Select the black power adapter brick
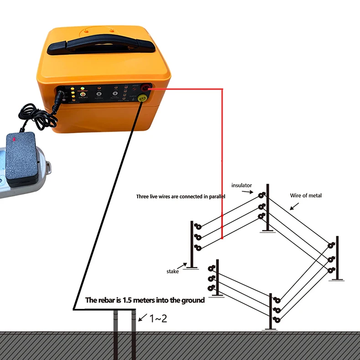(21, 158)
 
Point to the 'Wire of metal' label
(306, 195)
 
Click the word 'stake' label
(173, 271)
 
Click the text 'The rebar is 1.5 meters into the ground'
(145, 301)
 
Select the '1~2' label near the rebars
(159, 319)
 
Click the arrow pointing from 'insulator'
(250, 192)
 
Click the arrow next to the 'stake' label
(185, 265)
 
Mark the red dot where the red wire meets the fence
(222, 238)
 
